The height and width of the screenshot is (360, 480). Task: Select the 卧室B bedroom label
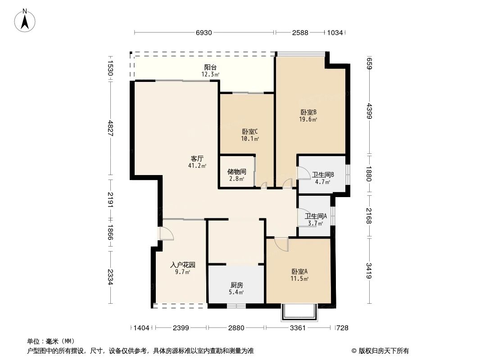(x=308, y=112)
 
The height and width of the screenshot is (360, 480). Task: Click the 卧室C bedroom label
(x=250, y=132)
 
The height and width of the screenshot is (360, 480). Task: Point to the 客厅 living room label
(x=197, y=159)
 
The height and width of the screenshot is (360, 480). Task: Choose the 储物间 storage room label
(x=236, y=172)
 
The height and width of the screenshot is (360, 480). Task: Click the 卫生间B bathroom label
(x=322, y=175)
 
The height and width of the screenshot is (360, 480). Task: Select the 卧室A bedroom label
(x=299, y=272)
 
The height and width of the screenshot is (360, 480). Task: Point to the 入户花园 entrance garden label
(x=182, y=265)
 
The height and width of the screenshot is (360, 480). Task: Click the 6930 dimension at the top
(x=204, y=33)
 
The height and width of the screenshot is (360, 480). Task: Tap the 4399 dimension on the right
(x=369, y=110)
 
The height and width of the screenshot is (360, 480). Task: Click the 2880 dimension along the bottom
(x=236, y=328)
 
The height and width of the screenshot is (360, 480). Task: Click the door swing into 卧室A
(x=281, y=244)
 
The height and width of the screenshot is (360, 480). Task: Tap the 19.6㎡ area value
(x=308, y=120)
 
